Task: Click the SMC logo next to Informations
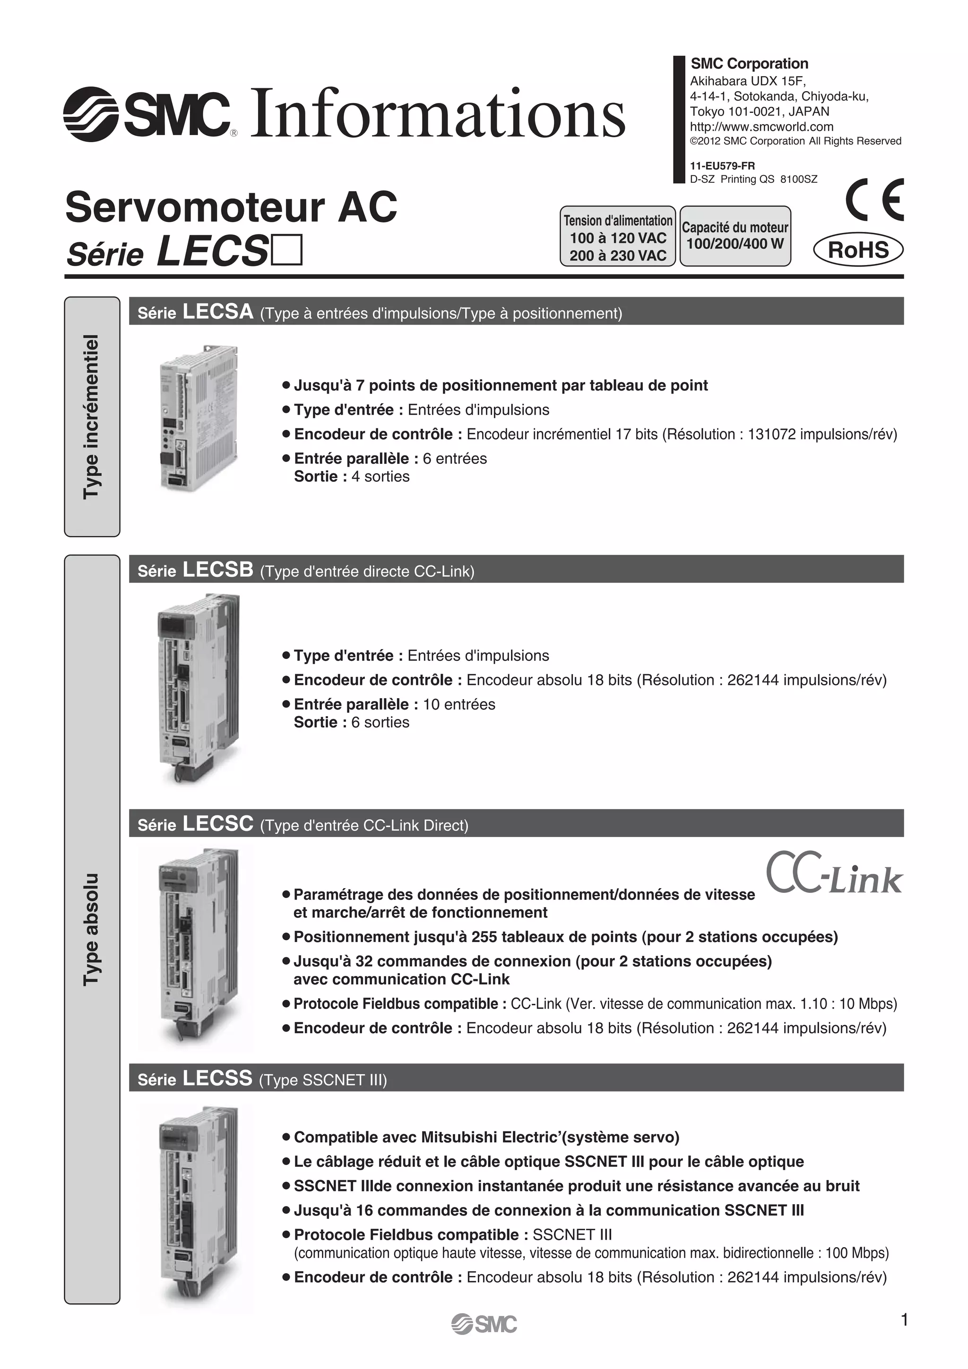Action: [147, 113]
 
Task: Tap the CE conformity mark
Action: [874, 200]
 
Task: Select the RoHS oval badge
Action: [858, 250]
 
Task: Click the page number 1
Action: [904, 1319]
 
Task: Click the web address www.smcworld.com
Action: [761, 127]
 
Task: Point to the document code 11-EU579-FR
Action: [722, 166]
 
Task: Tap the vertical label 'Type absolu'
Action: [92, 930]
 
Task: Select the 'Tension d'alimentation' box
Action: [617, 237]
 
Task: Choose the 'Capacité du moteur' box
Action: [735, 236]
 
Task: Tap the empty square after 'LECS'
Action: [287, 250]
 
